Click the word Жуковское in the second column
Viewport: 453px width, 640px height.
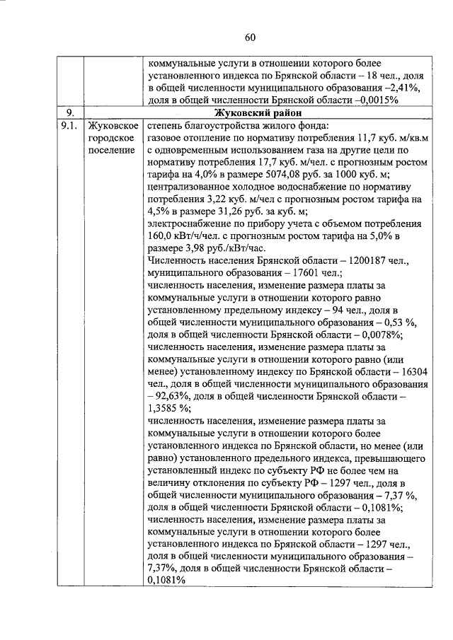pyautogui.click(x=113, y=125)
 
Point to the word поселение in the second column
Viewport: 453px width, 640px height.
pyautogui.click(x=111, y=151)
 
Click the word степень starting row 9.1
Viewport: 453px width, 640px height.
pyautogui.click(x=166, y=125)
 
